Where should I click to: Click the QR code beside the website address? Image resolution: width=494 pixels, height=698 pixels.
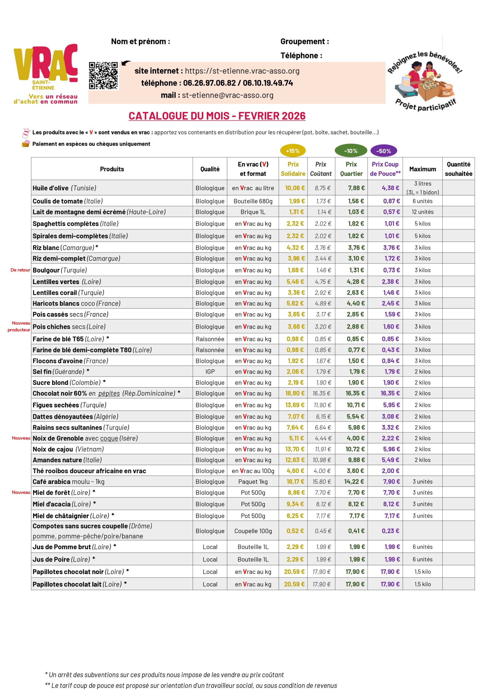pos(103,76)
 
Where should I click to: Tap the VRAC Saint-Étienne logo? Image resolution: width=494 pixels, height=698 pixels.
pos(46,74)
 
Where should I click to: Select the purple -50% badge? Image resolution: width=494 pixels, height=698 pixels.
pos(383,151)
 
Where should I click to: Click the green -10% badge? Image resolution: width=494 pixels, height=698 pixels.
pos(351,151)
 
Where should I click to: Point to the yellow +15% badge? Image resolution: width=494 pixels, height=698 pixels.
pos(293,151)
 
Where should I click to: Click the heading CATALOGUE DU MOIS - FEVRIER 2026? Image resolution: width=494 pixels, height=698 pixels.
pos(217,116)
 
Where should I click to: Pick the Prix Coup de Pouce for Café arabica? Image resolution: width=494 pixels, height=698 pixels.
pos(391,482)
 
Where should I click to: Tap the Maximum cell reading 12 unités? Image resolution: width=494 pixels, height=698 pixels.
pos(422,212)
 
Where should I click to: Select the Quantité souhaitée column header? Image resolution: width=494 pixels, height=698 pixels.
pos(459,169)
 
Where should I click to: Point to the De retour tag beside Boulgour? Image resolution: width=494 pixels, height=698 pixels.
pos(20,270)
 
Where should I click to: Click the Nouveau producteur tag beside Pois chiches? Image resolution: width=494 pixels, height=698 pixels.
pos(19,326)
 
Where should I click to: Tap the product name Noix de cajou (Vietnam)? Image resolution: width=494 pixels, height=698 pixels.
pos(68,449)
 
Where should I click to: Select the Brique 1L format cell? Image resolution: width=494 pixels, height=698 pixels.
pos(253,212)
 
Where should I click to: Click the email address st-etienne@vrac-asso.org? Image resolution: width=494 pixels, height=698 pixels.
pos(228,95)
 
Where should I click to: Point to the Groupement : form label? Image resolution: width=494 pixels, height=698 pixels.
pos(304,41)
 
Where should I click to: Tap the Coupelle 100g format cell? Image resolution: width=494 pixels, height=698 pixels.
pos(253,531)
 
